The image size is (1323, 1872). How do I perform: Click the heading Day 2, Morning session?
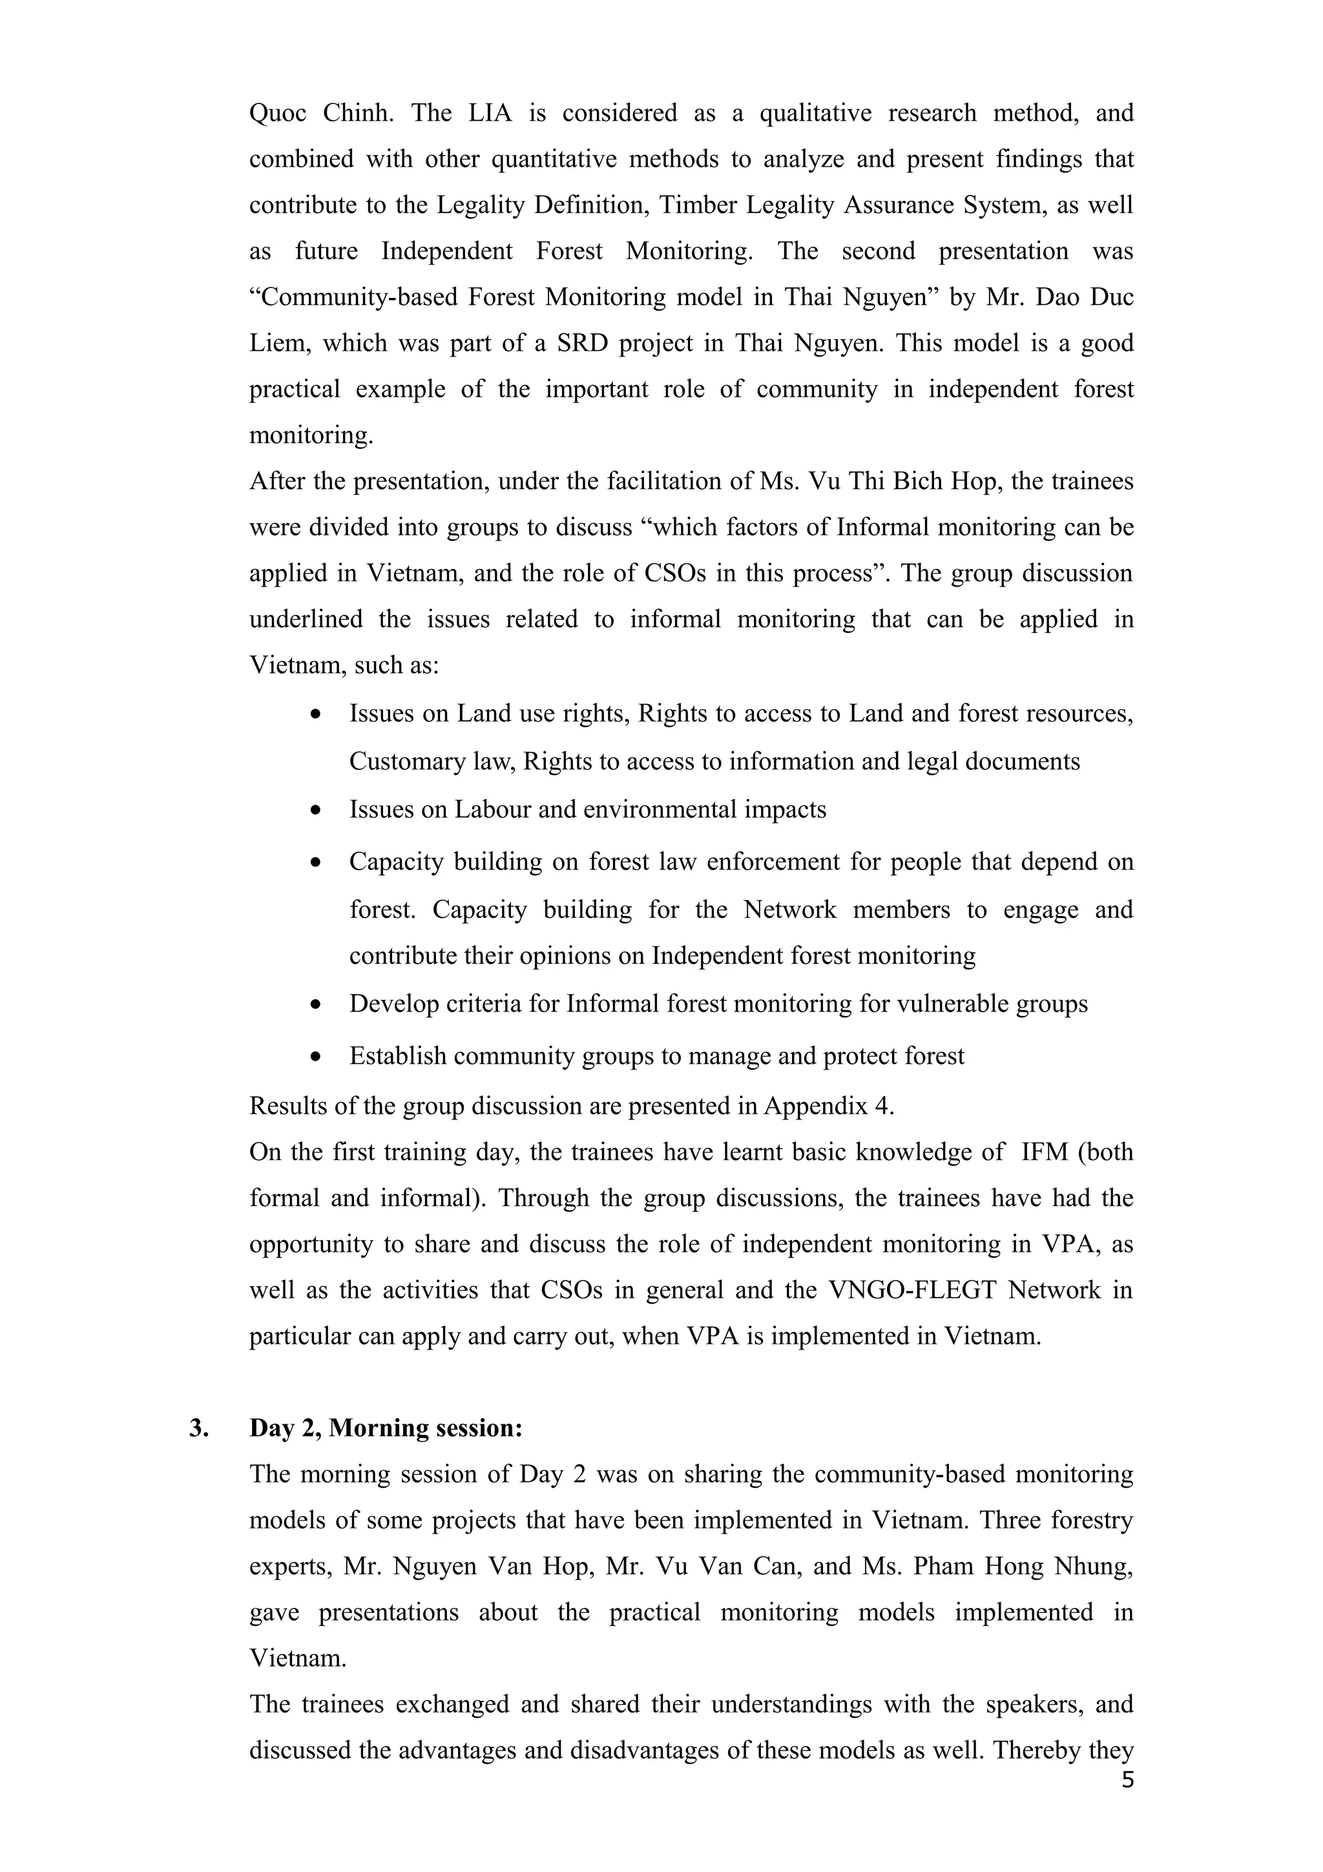click(x=386, y=1427)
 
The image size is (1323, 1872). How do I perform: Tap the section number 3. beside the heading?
click(x=198, y=1427)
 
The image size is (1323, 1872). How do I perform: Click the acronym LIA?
click(x=490, y=112)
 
